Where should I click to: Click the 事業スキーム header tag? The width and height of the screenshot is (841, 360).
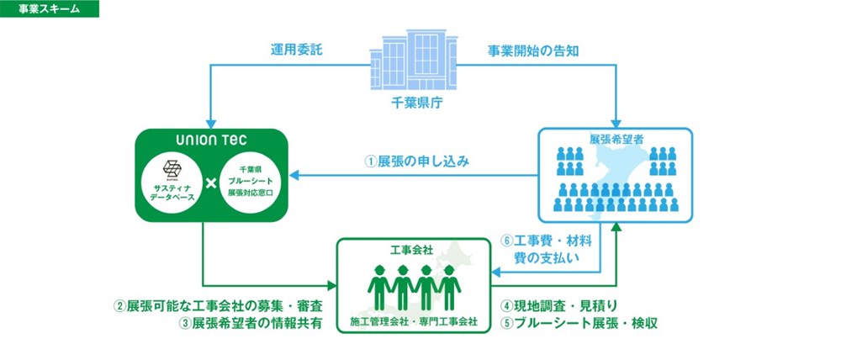click(x=50, y=9)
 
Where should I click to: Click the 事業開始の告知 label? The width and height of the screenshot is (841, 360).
click(x=532, y=50)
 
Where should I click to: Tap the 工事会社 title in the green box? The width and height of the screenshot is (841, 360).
click(x=412, y=250)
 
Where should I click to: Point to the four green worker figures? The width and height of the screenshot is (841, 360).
click(x=412, y=286)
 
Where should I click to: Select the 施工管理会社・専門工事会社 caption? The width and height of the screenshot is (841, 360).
click(x=412, y=321)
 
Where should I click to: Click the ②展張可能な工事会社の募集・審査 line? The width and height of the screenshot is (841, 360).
click(x=219, y=305)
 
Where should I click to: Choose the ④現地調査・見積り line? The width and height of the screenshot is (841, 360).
click(x=561, y=305)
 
